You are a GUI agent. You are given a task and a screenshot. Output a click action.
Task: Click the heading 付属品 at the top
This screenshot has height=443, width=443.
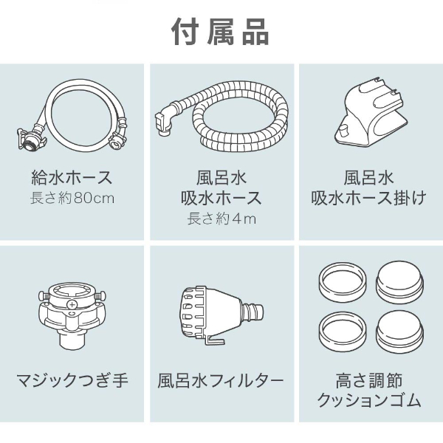point(221,32)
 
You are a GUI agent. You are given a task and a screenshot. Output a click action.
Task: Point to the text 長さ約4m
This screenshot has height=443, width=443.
point(221,219)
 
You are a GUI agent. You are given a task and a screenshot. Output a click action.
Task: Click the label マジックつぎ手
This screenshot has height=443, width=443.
point(72,381)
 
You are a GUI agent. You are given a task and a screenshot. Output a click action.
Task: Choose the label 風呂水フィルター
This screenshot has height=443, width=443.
point(221,381)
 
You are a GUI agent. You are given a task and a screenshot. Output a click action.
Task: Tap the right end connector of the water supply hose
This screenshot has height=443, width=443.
point(116,138)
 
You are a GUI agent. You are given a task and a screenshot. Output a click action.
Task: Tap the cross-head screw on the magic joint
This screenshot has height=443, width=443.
point(72,303)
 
